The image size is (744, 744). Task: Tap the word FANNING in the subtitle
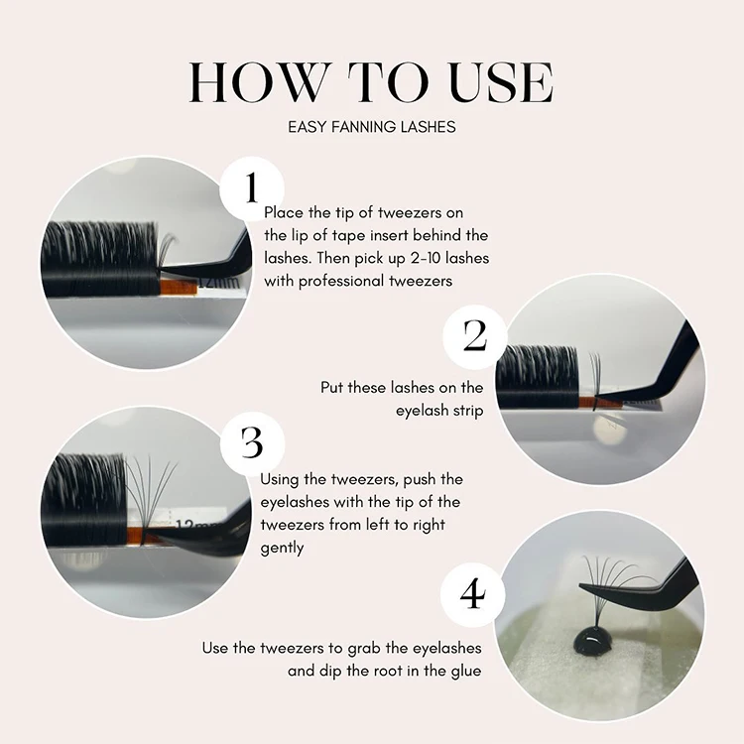364,127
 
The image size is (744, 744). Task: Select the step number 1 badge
252,188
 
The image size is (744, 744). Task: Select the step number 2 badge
475,336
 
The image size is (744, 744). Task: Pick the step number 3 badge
252,442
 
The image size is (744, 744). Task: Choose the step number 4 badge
472,594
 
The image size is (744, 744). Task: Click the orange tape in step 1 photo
178,288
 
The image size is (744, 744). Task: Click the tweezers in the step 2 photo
650,370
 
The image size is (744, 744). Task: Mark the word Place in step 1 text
284,212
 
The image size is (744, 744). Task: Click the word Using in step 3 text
280,480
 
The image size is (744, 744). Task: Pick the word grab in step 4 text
363,649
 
